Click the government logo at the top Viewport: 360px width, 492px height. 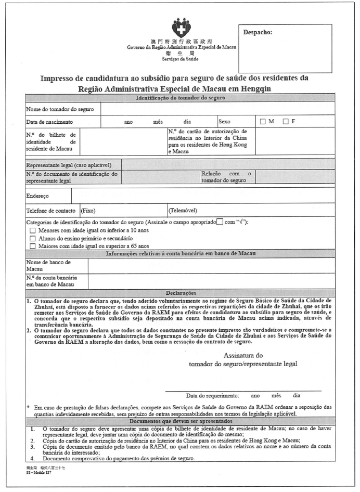click(x=181, y=26)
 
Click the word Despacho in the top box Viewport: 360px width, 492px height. click(x=258, y=33)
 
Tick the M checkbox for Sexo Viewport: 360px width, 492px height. click(x=263, y=122)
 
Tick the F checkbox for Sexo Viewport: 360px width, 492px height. click(x=286, y=122)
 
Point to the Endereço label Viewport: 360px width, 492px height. click(x=37, y=197)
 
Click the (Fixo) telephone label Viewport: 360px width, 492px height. click(x=88, y=211)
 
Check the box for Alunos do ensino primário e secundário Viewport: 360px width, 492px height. click(x=33, y=238)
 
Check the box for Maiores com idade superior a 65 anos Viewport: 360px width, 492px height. click(x=33, y=246)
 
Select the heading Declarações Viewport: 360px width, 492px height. click(x=179, y=293)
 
